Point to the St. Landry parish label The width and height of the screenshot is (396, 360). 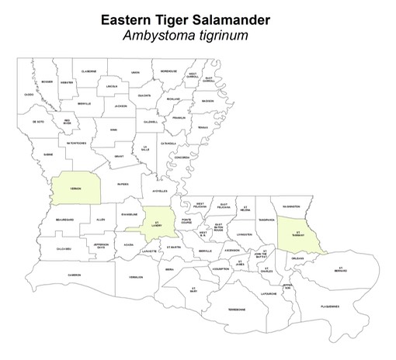click(x=158, y=225)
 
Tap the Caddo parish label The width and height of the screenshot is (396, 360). click(x=29, y=94)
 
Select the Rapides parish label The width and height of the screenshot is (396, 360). click(x=122, y=185)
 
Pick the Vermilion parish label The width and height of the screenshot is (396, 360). click(x=137, y=276)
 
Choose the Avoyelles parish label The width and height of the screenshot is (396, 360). click(x=159, y=191)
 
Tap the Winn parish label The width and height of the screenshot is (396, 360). click(x=114, y=130)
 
